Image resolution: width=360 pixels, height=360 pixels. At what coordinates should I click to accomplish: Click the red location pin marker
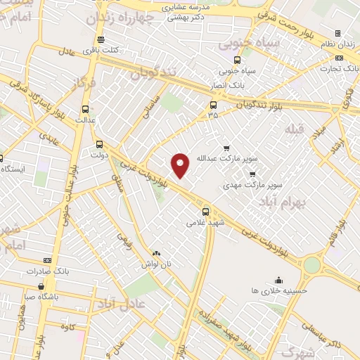click(181, 165)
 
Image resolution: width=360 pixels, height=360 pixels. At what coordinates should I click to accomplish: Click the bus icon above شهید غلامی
click(206, 211)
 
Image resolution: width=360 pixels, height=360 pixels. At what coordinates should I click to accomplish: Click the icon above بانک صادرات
click(47, 260)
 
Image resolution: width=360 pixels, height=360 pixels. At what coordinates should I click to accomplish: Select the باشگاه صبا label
click(41, 296)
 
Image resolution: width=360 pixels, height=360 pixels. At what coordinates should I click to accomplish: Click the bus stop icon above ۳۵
click(213, 105)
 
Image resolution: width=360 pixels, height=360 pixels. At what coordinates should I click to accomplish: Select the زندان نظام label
click(337, 44)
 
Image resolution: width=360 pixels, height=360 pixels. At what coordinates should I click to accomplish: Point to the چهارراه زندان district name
click(120, 19)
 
